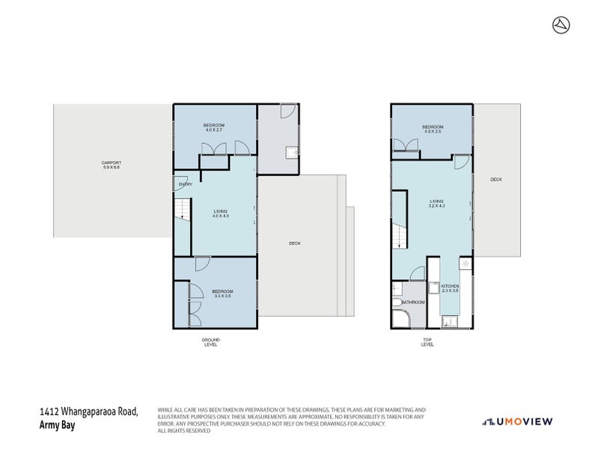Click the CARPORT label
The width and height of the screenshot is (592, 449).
point(112,162)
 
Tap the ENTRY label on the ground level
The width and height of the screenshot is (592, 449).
point(185,184)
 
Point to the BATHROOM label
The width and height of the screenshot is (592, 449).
point(413,302)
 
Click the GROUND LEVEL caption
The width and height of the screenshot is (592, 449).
point(211,342)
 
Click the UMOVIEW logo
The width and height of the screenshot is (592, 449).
point(517,421)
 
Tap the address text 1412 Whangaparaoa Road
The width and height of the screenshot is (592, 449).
point(88,412)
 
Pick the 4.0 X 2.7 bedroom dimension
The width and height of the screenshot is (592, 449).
point(214,130)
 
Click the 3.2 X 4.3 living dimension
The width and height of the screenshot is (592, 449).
point(437,206)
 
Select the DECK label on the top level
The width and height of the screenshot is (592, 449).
point(495,180)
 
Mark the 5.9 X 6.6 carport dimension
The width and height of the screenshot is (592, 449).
point(112,167)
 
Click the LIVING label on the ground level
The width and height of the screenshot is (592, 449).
point(220,212)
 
